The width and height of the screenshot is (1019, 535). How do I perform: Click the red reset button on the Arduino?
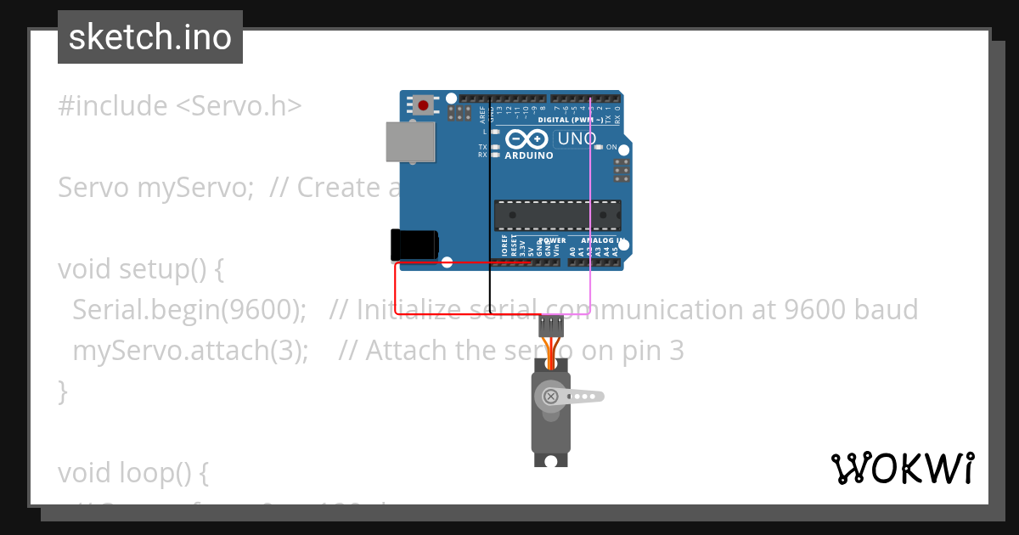click(x=423, y=106)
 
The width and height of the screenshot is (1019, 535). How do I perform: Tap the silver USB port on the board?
click(x=410, y=141)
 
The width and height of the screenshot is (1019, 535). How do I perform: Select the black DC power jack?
click(x=414, y=245)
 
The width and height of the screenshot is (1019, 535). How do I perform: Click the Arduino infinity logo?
click(x=526, y=139)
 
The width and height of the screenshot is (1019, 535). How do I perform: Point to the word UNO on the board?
click(x=577, y=138)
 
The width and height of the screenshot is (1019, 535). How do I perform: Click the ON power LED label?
click(x=611, y=148)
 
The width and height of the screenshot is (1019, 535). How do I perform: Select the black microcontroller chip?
click(x=557, y=216)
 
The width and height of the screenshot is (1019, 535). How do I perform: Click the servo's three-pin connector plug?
click(x=552, y=325)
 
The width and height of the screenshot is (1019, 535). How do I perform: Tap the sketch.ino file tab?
click(x=150, y=37)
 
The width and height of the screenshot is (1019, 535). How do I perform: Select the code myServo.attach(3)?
click(x=190, y=350)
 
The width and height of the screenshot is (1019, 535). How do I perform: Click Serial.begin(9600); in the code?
click(x=189, y=309)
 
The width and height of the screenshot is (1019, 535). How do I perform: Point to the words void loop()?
click(x=132, y=472)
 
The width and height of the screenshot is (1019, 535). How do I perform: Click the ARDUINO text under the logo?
click(x=528, y=156)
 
